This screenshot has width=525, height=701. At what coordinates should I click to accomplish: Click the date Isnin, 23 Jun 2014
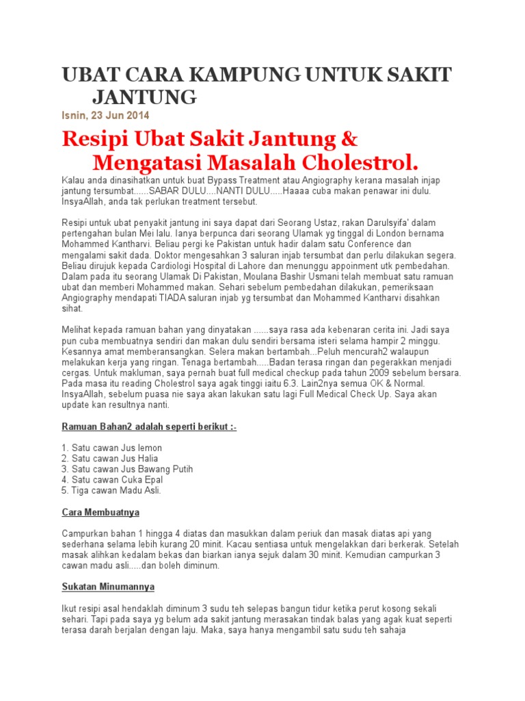105,115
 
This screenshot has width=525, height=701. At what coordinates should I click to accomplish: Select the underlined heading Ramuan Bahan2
150,427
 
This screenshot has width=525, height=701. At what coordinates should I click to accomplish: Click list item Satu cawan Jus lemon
112,448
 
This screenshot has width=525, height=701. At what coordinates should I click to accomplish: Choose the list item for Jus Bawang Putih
127,470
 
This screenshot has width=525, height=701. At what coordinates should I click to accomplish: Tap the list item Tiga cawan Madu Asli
111,491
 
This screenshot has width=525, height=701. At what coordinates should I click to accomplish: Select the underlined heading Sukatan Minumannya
108,587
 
